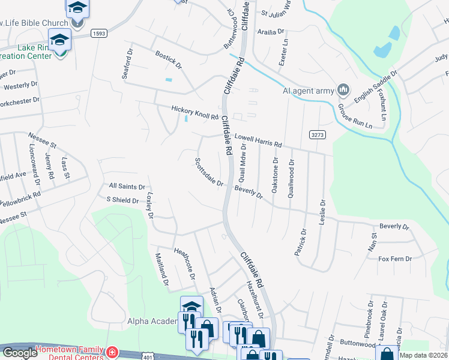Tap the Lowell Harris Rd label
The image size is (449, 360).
(258, 140)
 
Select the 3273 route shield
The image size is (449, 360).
(318, 135)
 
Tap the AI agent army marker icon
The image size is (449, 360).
(343, 90)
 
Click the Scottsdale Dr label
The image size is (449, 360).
(208, 172)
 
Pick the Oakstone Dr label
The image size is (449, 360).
(276, 173)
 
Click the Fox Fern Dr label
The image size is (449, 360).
(394, 259)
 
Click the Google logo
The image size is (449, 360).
(19, 353)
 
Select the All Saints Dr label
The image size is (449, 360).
(127, 187)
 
